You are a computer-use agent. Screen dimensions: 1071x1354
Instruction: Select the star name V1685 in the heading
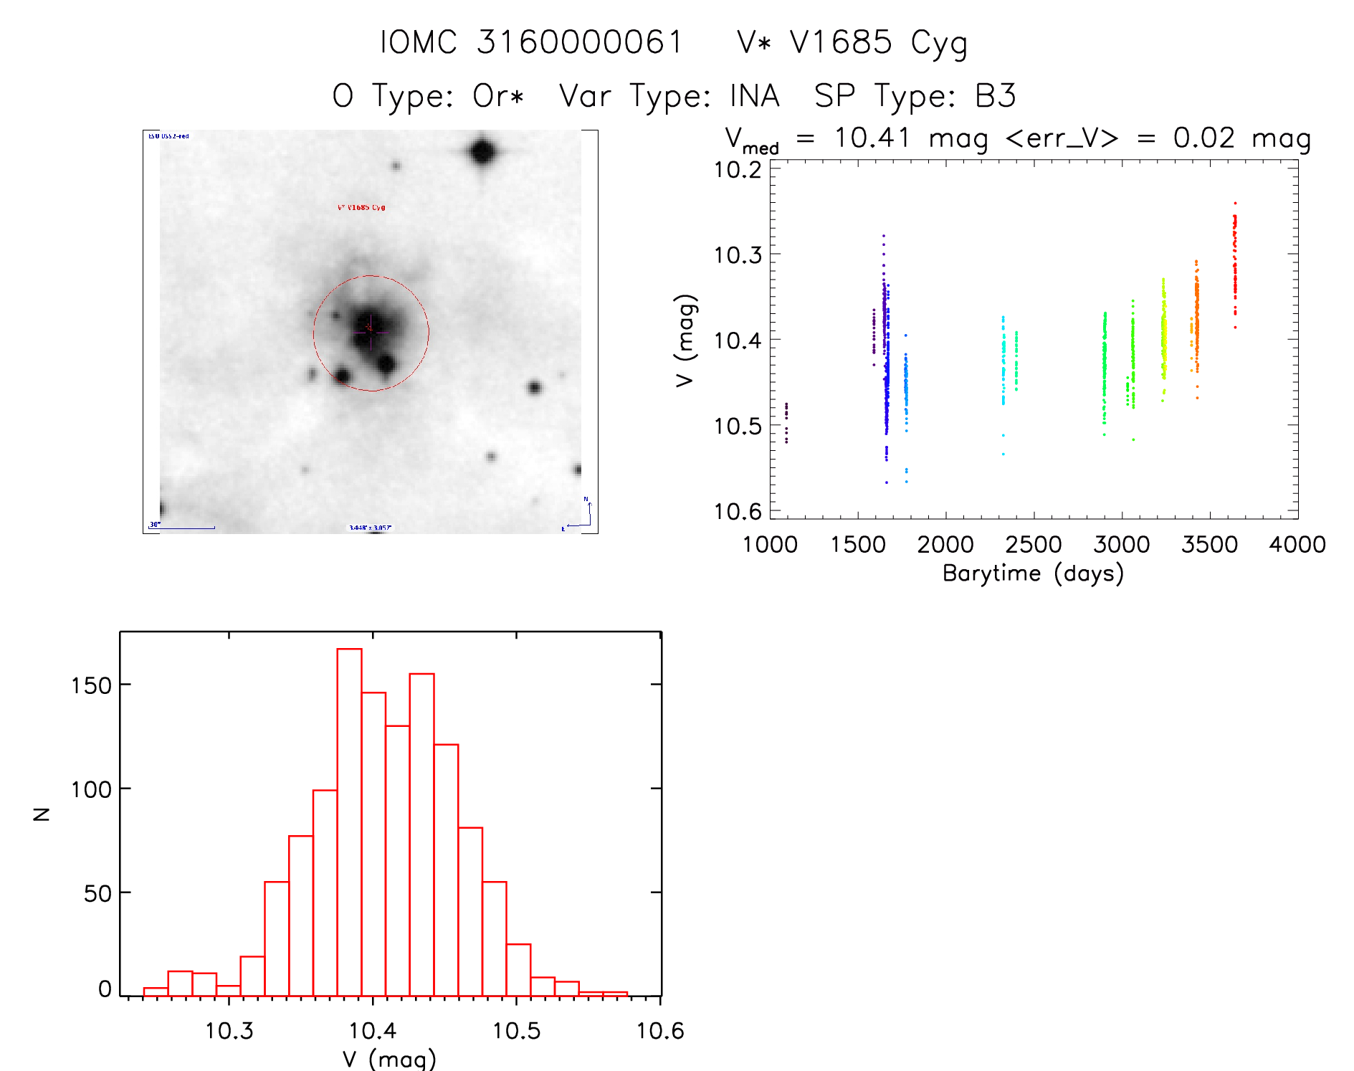(841, 42)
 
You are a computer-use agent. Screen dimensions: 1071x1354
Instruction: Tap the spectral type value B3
(995, 96)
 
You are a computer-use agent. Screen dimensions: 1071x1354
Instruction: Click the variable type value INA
(754, 96)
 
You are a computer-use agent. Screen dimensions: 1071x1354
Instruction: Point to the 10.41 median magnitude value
(872, 138)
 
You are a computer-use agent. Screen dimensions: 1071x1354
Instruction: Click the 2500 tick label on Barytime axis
(1033, 545)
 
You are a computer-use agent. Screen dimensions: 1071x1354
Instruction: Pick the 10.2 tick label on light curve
(738, 170)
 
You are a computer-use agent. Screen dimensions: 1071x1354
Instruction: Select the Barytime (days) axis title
(1033, 573)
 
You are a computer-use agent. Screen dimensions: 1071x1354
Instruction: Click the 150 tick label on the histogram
(91, 685)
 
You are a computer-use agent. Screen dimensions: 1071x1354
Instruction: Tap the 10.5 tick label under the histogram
(516, 1031)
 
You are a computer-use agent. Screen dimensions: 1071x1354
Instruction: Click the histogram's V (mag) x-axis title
(389, 1058)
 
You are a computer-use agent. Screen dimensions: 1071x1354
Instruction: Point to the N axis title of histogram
(42, 814)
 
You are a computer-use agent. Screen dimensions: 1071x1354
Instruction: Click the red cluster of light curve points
(1234, 265)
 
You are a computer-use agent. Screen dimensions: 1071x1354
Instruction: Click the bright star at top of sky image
(482, 152)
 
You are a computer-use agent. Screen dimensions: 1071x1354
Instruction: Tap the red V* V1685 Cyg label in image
(361, 208)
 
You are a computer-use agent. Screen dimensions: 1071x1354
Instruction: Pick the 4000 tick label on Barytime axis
(1297, 545)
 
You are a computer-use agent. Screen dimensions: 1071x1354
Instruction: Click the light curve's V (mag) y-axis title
(685, 340)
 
